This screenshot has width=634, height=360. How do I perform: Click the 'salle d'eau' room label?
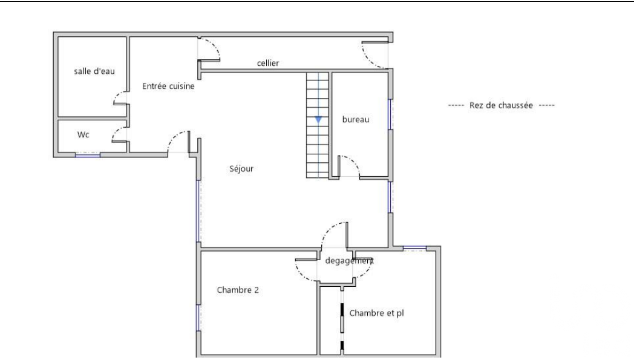(94, 71)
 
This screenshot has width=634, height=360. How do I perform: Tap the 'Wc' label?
(83, 135)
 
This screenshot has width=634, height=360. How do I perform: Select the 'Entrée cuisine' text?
(168, 86)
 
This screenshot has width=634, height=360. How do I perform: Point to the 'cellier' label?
(268, 63)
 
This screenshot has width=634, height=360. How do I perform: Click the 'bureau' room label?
(356, 119)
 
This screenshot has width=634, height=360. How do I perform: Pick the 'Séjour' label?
(241, 169)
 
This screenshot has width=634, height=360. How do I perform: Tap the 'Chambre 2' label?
(238, 290)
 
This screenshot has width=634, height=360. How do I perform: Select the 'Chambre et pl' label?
(376, 313)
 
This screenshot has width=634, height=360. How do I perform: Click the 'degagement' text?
(349, 261)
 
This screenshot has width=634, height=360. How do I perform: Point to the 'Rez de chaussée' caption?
(501, 105)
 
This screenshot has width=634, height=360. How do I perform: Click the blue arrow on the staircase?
(318, 120)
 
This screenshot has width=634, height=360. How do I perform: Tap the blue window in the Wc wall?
(88, 155)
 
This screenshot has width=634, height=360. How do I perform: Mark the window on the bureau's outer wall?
(390, 114)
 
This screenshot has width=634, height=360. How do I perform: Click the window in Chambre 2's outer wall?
(198, 318)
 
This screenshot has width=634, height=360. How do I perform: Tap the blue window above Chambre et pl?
(415, 247)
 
